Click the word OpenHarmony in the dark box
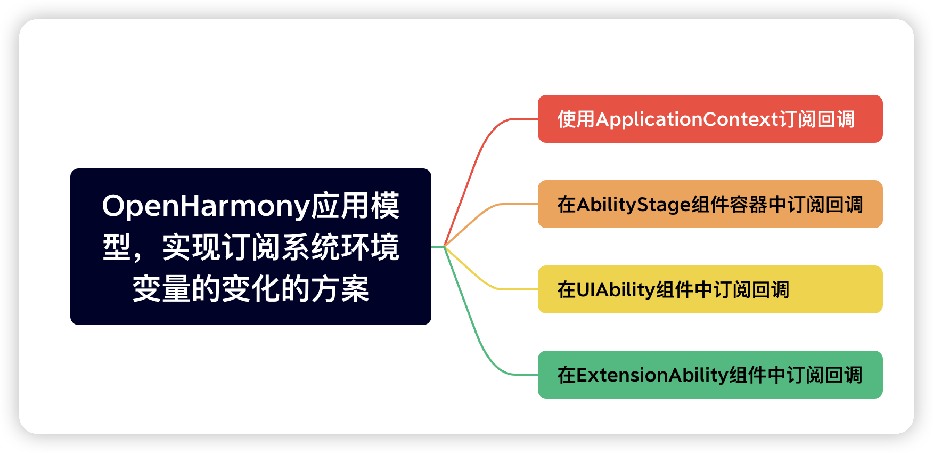pyautogui.click(x=206, y=206)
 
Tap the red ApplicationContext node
pyautogui.click(x=710, y=119)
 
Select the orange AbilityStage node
pyautogui.click(x=710, y=204)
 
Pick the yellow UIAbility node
pyautogui.click(x=710, y=289)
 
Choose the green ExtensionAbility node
pyautogui.click(x=710, y=375)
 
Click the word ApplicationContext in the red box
pyautogui.click(x=687, y=119)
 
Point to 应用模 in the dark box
pyautogui.click(x=355, y=206)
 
